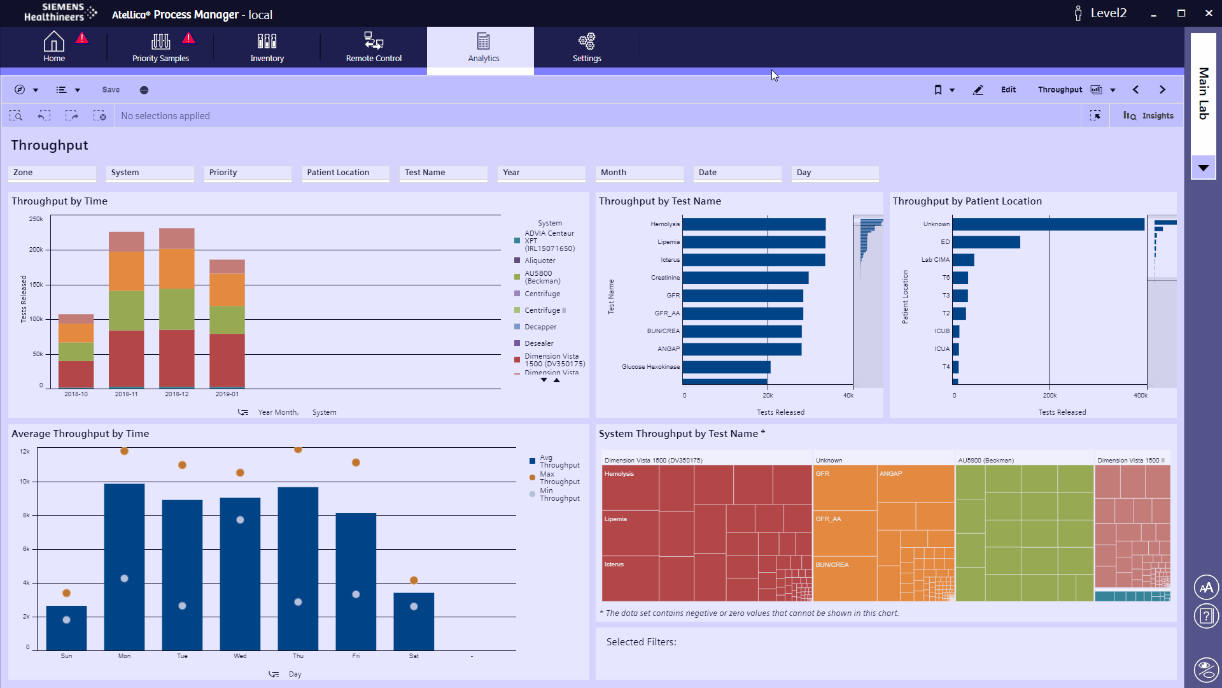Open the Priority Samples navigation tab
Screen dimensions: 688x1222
[x=160, y=48]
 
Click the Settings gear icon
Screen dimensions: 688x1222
[x=586, y=41]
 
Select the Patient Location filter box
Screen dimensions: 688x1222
[x=346, y=173]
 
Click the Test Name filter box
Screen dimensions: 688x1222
[x=443, y=173]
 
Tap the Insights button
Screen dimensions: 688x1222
[x=1149, y=116]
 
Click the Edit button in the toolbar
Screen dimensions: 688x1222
[x=1008, y=90]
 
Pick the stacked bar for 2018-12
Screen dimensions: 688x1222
[x=177, y=309]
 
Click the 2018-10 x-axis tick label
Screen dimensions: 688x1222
[x=76, y=394]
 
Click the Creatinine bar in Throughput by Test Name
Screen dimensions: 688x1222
[x=745, y=278]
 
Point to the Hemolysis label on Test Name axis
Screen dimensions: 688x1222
[x=664, y=224]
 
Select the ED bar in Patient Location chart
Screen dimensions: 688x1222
[x=986, y=242]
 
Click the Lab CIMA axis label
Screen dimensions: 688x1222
[x=935, y=260]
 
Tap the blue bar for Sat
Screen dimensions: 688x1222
[x=414, y=622]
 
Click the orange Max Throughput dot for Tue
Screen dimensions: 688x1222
[x=182, y=465]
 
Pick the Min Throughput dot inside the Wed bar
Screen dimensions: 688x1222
[x=240, y=520]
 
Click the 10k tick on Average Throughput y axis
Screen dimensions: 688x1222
[x=25, y=482]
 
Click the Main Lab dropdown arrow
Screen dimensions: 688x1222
[x=1203, y=168]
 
